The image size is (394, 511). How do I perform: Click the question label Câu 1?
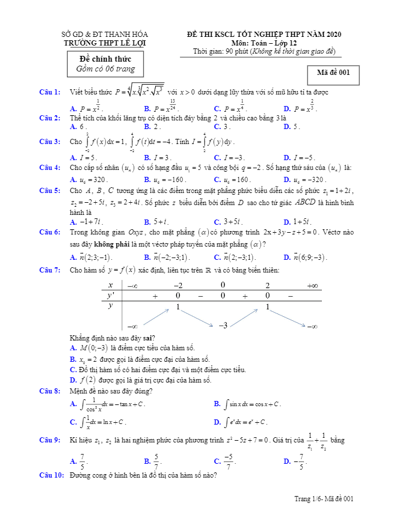pos(50,92)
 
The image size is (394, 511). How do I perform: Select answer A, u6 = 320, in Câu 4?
pos(89,179)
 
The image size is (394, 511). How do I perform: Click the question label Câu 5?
pos(50,190)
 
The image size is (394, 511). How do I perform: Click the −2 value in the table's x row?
pos(178,285)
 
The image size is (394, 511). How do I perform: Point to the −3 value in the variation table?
pos(223,325)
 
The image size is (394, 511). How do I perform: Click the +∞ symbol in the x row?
pos(312,285)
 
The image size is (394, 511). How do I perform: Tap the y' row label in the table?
pos(111,296)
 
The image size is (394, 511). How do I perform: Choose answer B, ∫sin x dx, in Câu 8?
pos(247,404)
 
